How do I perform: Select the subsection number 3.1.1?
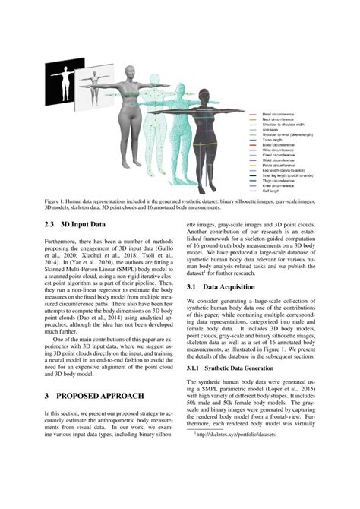tap(195, 367)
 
